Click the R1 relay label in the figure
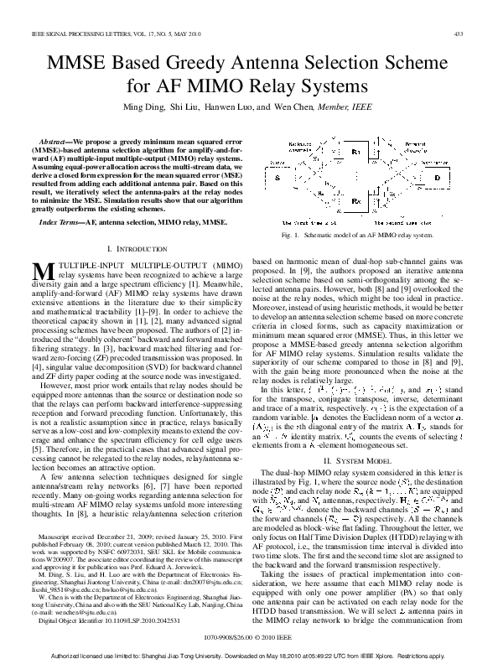[x=355, y=153]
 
